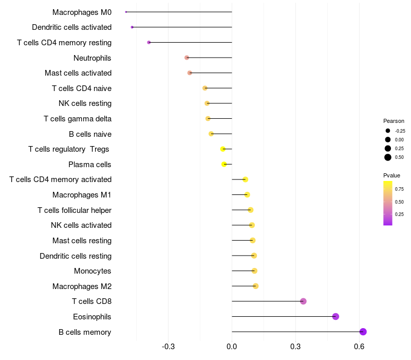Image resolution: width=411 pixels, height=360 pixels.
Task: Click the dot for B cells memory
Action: (363, 332)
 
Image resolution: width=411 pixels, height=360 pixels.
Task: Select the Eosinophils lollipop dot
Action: (335, 316)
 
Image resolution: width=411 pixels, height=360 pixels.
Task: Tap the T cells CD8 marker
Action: (303, 301)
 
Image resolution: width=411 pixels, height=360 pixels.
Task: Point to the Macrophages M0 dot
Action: (126, 12)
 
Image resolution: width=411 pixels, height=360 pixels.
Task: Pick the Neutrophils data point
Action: (186, 58)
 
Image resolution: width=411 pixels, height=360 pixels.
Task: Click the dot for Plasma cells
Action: (224, 164)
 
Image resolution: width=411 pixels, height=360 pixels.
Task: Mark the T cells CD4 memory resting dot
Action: (149, 42)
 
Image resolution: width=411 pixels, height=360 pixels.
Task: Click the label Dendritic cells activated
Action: (71, 27)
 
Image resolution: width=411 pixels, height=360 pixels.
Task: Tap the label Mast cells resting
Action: (82, 241)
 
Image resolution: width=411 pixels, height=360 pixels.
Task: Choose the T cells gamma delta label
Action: (78, 119)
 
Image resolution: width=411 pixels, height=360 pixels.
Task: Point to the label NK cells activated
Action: (81, 225)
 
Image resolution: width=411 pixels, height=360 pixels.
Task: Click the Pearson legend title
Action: (394, 121)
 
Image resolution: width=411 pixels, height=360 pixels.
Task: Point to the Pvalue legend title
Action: (391, 175)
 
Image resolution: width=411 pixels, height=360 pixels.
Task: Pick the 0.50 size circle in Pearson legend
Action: (388, 157)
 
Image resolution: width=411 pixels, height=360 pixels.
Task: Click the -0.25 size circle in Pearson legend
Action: (388, 131)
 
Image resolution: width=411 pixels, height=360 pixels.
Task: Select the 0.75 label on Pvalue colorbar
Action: (399, 189)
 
